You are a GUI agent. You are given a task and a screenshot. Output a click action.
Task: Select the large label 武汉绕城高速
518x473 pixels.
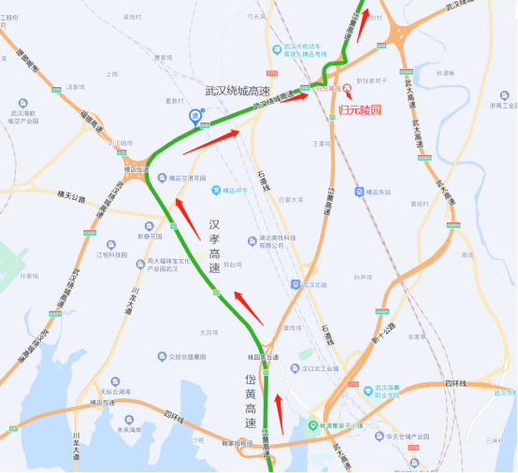[x=237, y=91]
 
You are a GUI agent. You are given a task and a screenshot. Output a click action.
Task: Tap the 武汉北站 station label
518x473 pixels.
[x=315, y=283]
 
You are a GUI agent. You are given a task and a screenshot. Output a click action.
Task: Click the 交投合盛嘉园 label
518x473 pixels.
[x=188, y=356]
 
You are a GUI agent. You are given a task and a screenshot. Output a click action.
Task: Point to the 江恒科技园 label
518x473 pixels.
[x=111, y=254]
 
